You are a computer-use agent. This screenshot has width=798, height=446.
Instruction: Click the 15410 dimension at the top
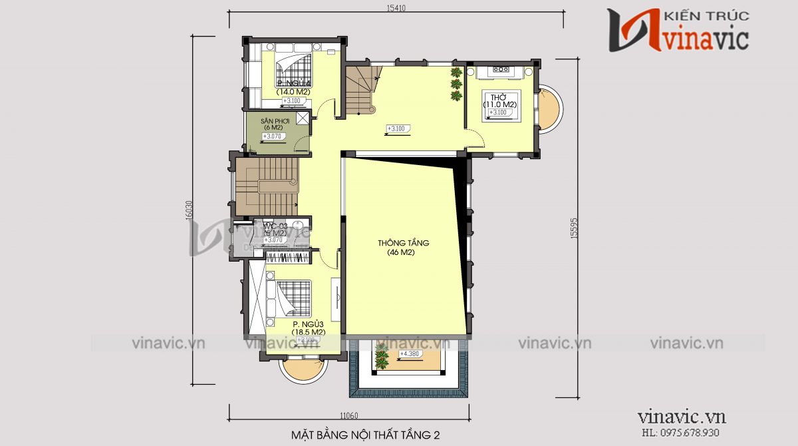click(x=396, y=8)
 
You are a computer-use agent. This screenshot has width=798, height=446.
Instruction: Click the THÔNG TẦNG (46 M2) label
click(x=403, y=247)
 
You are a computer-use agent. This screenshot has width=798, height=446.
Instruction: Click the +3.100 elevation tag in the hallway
click(x=396, y=128)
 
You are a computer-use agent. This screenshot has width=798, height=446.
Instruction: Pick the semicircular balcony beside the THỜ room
click(x=550, y=109)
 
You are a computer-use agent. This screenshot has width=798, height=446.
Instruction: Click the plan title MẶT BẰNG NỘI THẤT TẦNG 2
click(x=365, y=435)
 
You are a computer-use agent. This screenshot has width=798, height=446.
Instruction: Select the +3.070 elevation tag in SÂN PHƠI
click(x=272, y=136)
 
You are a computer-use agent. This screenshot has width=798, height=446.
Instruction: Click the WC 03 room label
click(x=275, y=230)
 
